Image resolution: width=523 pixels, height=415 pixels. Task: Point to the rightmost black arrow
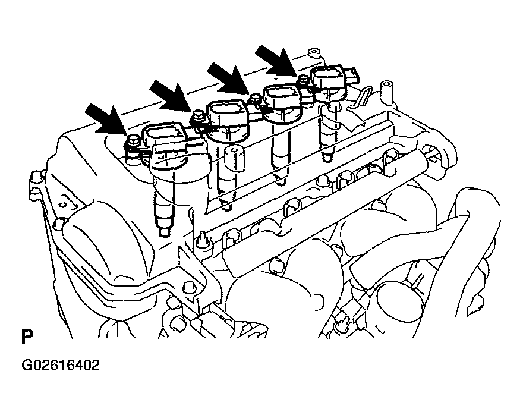276,61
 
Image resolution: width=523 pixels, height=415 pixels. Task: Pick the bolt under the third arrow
255,99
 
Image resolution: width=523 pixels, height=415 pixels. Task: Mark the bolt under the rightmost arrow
304,80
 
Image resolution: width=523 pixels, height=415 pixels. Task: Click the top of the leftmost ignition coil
164,137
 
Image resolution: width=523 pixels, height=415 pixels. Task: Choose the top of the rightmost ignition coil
328,75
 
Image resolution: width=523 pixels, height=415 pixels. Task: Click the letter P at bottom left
27,337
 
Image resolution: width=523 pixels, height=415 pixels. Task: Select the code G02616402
61,365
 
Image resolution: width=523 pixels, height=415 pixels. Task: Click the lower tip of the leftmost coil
166,232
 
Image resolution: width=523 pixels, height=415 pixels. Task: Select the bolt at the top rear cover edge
314,54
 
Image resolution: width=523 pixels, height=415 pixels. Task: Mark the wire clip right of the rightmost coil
363,95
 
